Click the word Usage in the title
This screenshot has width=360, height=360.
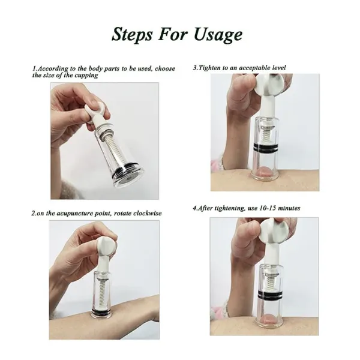point(217,34)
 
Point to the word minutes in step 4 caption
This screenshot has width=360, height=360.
point(289,208)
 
